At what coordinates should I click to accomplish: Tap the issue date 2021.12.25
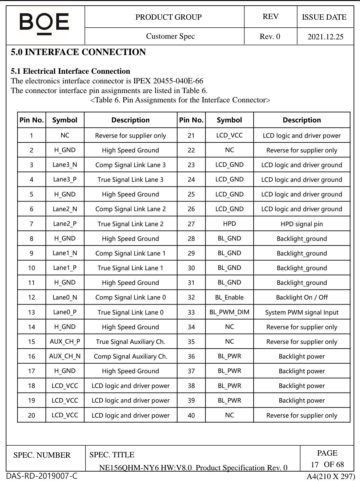tap(325, 37)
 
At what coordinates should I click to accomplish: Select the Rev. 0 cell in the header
tap(270, 36)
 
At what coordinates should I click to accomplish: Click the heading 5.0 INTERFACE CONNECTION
tap(78, 52)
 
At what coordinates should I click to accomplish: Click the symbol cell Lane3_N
tap(65, 165)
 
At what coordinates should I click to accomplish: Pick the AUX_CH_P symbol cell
tap(65, 342)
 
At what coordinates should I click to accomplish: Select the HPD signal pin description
tap(301, 224)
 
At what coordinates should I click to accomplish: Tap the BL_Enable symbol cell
tap(229, 297)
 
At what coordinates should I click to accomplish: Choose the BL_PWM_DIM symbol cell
tap(229, 312)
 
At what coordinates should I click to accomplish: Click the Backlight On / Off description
tap(301, 297)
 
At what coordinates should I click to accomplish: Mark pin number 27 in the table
tap(191, 224)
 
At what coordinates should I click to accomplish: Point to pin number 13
tap(31, 312)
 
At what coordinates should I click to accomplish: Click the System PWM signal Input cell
tap(301, 313)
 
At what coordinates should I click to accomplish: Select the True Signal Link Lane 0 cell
tap(130, 313)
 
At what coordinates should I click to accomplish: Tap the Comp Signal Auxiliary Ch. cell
tap(130, 356)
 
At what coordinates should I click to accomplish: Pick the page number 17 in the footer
tap(314, 464)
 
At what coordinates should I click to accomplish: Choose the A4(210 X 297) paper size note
tap(330, 476)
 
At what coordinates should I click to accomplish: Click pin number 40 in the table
tap(191, 415)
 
